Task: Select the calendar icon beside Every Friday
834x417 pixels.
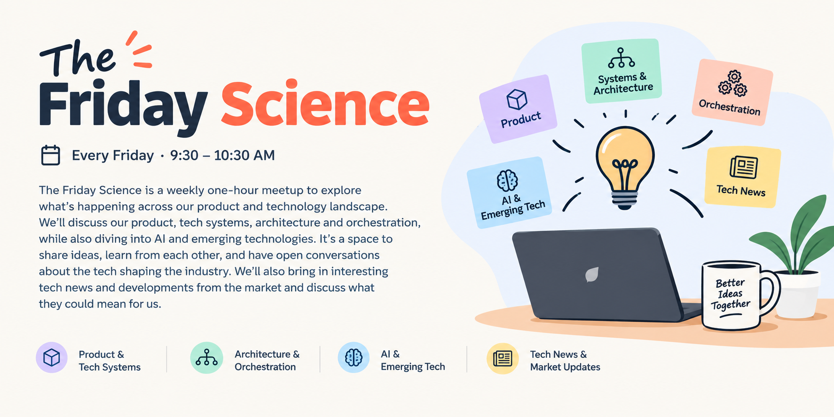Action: pos(51,155)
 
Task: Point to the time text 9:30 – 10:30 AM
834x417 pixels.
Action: pos(222,155)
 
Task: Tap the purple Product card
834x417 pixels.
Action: pos(518,109)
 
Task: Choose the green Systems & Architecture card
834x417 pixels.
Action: pos(622,71)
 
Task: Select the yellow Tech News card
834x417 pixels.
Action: pos(742,177)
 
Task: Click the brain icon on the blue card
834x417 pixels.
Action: pos(507,180)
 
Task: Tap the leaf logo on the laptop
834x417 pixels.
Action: pos(592,275)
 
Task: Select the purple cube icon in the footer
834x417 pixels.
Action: pos(52,358)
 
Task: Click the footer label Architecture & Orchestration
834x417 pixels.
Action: pos(267,361)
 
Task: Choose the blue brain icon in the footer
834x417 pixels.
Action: pos(354,358)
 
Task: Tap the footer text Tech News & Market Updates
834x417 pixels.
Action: pos(565,361)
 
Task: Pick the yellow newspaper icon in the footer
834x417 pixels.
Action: pos(503,358)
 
